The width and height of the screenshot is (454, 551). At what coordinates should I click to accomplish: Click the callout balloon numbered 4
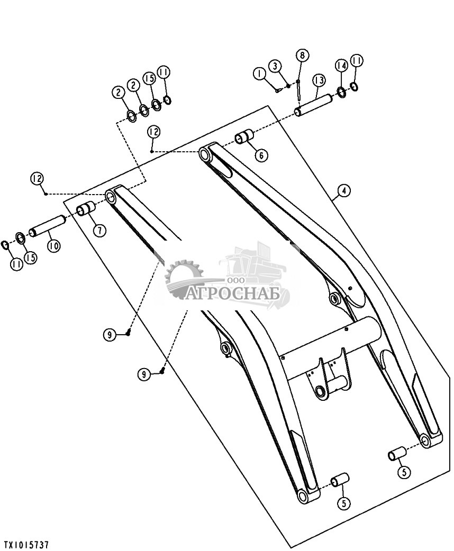[x=344, y=190]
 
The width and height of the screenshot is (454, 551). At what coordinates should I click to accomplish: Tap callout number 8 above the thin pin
[x=302, y=55]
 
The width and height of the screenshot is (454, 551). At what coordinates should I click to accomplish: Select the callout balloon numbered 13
[x=319, y=80]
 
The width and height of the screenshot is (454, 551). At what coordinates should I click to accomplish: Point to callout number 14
[x=341, y=66]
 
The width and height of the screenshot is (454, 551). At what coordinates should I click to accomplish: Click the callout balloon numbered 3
[x=275, y=66]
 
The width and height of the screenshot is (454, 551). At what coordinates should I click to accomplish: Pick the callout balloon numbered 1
[x=260, y=74]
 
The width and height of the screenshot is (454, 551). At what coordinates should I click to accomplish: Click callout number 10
[x=53, y=245]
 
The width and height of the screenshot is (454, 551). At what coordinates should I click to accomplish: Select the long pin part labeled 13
[x=314, y=105]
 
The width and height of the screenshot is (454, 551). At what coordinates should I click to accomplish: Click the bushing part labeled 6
[x=244, y=137]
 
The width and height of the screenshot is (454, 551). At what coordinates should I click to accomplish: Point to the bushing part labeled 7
[x=86, y=209]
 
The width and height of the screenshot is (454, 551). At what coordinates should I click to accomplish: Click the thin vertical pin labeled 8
[x=299, y=90]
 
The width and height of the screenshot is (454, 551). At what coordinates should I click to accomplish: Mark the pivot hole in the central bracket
[x=321, y=391]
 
